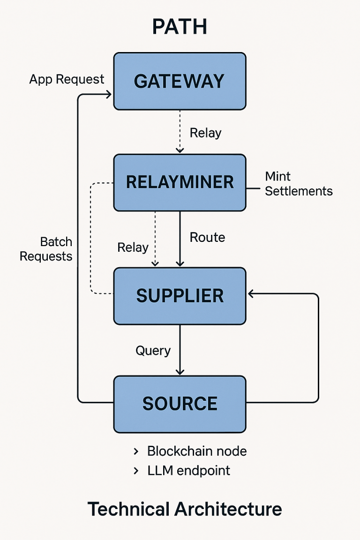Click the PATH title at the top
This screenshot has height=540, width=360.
(x=180, y=28)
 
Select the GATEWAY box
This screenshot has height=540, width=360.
(x=180, y=81)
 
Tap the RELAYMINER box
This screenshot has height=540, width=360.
(x=180, y=182)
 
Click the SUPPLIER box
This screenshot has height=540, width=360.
(x=180, y=296)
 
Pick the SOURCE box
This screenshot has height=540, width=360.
(x=180, y=404)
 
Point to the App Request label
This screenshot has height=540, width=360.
(x=67, y=79)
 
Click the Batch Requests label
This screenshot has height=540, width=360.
(x=46, y=249)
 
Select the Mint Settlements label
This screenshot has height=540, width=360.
(x=298, y=184)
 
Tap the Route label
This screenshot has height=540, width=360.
(x=207, y=238)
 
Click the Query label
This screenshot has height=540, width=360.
(x=153, y=351)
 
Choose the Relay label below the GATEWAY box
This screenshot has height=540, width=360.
(x=205, y=133)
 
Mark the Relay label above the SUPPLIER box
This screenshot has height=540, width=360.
(x=133, y=247)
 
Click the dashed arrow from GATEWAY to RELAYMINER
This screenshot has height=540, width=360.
(x=180, y=131)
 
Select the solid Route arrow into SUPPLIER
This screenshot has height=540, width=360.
(x=180, y=239)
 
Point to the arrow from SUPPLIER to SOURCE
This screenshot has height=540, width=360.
(x=180, y=349)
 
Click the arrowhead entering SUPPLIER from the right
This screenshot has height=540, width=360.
(x=251, y=294)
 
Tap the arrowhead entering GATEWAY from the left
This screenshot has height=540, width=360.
(x=108, y=95)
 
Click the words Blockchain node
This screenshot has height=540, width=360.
(x=197, y=451)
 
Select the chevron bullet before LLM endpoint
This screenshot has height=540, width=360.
(x=136, y=471)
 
